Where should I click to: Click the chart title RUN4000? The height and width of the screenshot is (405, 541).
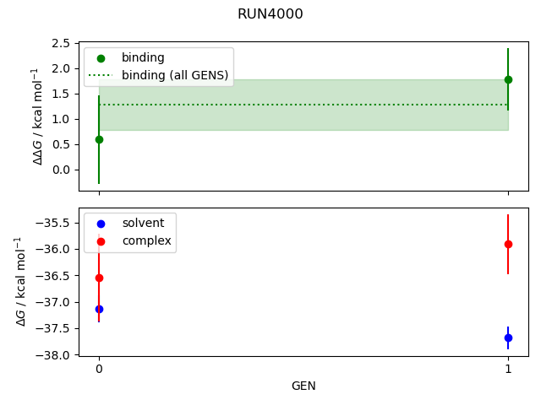[x=270, y=14]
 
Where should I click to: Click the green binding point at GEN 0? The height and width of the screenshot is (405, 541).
[x=99, y=139]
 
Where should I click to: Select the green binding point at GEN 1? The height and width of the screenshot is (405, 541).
[x=508, y=79]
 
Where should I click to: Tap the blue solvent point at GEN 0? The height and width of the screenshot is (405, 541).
[x=99, y=309]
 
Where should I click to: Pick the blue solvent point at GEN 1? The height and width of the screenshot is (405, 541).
[x=508, y=337]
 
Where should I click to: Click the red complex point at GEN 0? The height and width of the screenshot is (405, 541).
[x=99, y=278]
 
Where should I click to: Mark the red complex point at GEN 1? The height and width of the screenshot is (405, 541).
[x=508, y=244]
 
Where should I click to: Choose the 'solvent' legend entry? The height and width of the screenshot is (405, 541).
[x=137, y=223]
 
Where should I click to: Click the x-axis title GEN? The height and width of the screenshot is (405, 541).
[x=303, y=386]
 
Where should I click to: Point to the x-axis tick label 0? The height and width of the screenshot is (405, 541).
[x=99, y=369]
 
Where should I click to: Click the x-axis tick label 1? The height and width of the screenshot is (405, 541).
[x=508, y=369]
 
